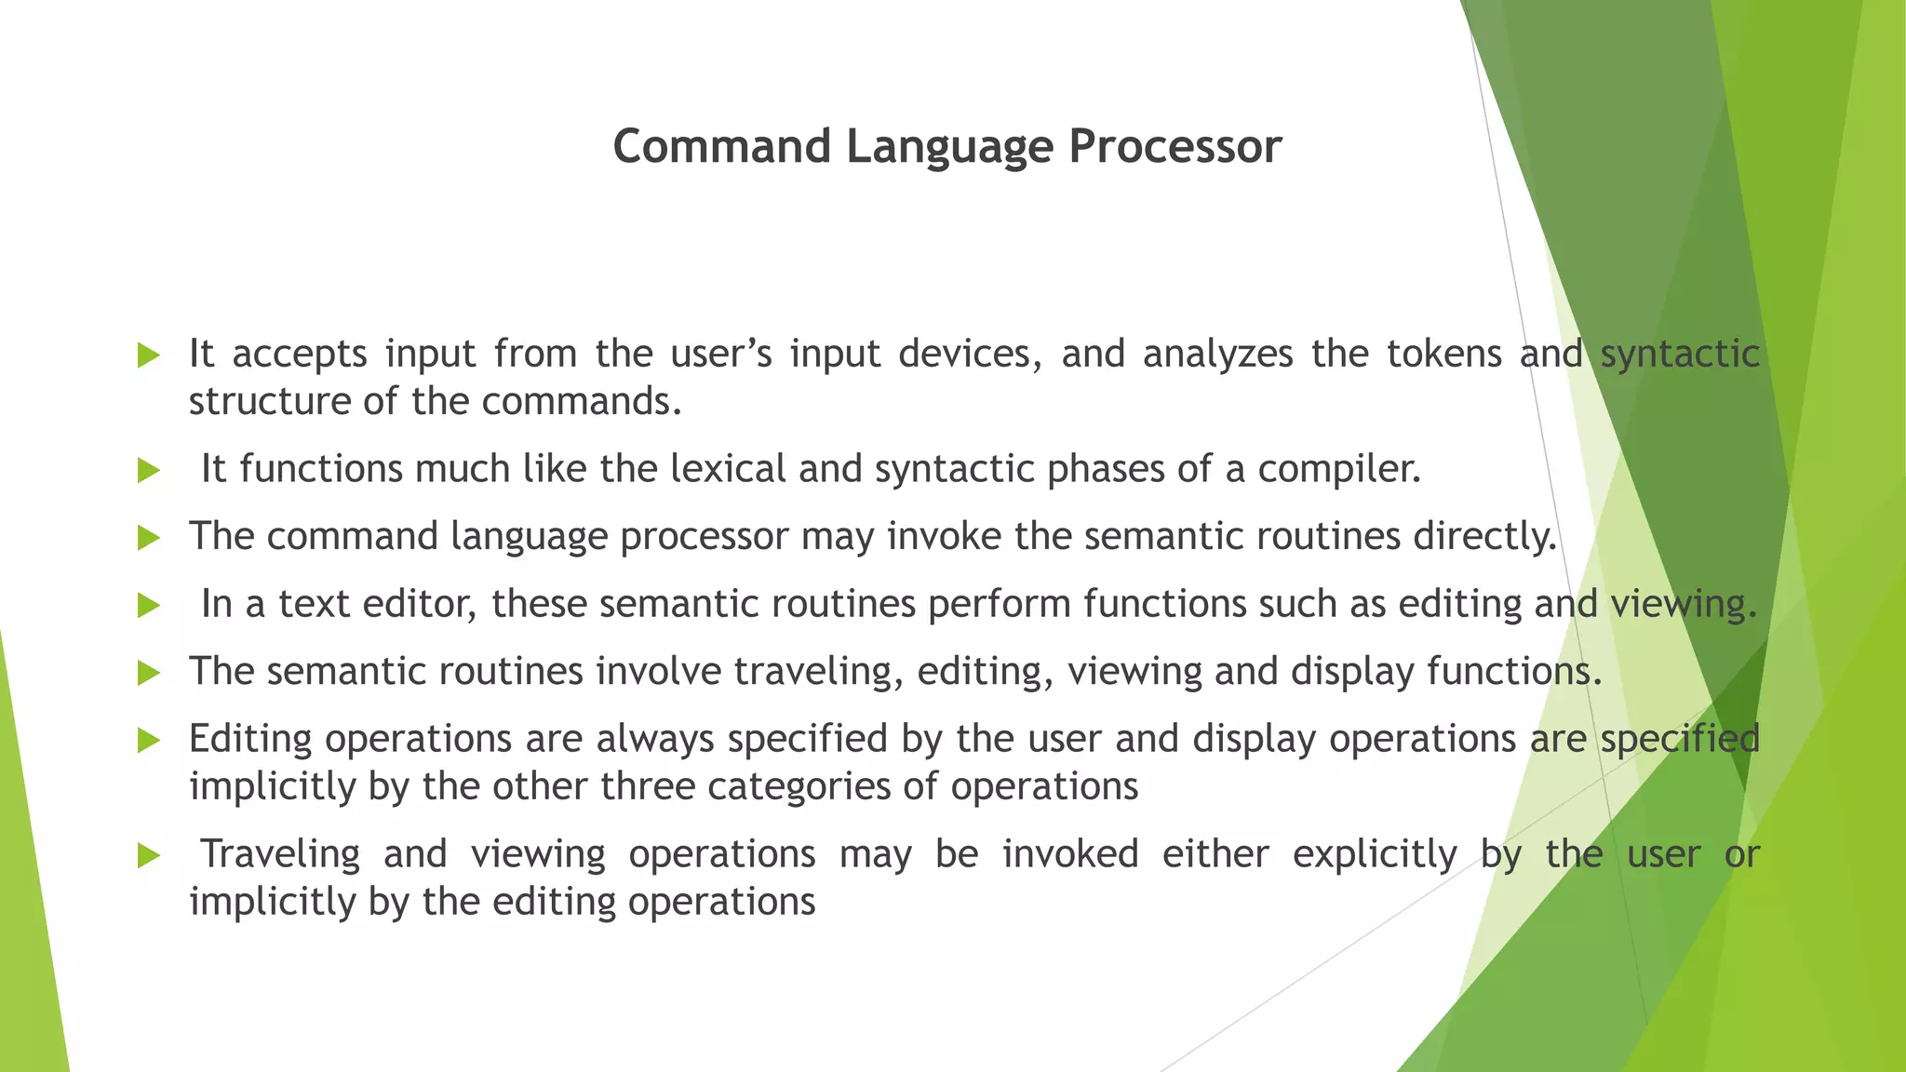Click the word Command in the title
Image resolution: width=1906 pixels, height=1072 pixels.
tap(721, 147)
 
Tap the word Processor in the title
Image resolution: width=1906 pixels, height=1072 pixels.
tap(1174, 147)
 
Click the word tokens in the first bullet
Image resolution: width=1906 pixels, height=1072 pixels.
tap(1443, 355)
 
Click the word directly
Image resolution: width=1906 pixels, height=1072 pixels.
tap(1484, 537)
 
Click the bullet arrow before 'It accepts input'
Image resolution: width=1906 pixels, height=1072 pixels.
tap(149, 355)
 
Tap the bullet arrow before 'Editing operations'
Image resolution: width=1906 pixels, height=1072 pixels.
tap(149, 741)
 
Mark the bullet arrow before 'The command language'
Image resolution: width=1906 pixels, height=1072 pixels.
tap(149, 538)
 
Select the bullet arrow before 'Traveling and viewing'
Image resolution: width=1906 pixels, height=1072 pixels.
tap(149, 855)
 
